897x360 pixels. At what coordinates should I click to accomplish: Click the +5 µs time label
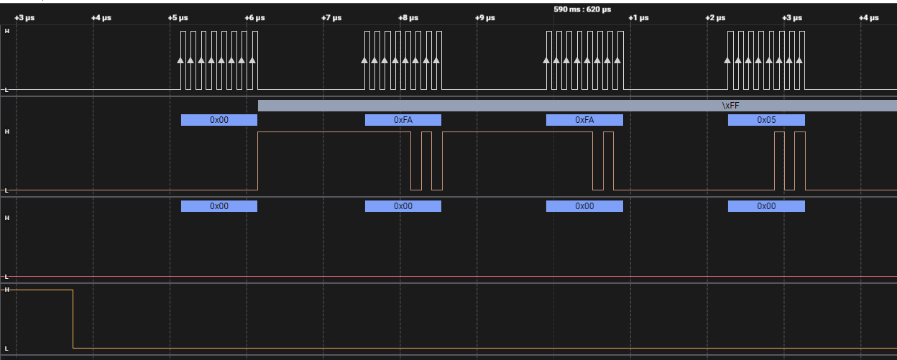click(x=178, y=18)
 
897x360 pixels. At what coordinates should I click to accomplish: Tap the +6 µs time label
click(x=254, y=18)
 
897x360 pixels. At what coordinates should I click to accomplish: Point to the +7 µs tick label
click(x=331, y=18)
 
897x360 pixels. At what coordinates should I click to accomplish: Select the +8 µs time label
click(x=408, y=18)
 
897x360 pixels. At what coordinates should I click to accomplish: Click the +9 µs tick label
click(x=485, y=18)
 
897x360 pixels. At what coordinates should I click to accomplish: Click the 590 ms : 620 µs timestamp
click(x=582, y=9)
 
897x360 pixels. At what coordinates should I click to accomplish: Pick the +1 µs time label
click(x=638, y=18)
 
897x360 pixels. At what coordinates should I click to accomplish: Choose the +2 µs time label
click(x=715, y=18)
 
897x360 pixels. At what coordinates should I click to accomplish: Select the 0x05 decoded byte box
click(x=766, y=120)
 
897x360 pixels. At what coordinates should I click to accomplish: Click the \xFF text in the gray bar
click(x=730, y=106)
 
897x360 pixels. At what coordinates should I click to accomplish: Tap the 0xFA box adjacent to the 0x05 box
click(x=584, y=120)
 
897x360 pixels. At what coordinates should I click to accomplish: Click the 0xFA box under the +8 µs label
click(x=402, y=120)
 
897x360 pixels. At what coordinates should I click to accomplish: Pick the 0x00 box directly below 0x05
click(x=766, y=206)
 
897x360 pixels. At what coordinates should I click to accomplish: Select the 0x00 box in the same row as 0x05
click(x=219, y=120)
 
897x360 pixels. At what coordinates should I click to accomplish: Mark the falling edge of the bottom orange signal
click(x=73, y=319)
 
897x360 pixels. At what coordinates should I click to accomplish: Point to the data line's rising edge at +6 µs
click(x=258, y=161)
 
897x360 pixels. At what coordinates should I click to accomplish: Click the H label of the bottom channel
click(x=6, y=290)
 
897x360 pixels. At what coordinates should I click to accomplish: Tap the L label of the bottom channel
click(x=6, y=349)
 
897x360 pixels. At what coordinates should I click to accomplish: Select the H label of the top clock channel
click(x=6, y=31)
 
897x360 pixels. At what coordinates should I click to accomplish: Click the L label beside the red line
click(x=6, y=277)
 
